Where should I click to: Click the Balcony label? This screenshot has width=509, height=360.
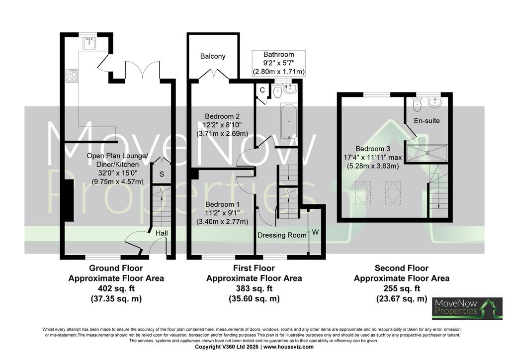(x=213, y=56)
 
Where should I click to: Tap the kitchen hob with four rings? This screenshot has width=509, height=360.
(x=72, y=76)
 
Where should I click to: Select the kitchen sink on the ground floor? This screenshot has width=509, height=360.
(x=88, y=43)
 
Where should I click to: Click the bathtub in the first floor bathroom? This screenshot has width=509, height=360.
(x=289, y=122)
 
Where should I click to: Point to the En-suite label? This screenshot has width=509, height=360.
(x=427, y=121)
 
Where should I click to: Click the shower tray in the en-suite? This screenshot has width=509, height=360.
(x=427, y=153)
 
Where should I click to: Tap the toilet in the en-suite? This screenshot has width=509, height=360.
(x=417, y=104)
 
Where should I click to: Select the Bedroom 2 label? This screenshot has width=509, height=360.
(x=222, y=116)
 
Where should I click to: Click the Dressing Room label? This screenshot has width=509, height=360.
(x=282, y=235)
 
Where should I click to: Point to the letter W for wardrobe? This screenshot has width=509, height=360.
(x=315, y=232)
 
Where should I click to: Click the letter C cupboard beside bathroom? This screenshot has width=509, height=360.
(x=262, y=90)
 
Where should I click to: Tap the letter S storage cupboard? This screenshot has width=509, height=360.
(x=162, y=175)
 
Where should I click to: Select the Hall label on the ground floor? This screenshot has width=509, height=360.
(x=162, y=233)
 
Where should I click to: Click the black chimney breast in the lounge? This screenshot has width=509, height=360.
(x=69, y=201)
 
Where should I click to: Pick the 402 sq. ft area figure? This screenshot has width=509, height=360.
(x=116, y=288)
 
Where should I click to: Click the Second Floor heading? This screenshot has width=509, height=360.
(x=402, y=268)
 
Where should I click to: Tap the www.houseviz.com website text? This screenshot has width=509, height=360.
(x=289, y=347)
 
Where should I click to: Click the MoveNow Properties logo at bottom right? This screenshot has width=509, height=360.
(x=467, y=308)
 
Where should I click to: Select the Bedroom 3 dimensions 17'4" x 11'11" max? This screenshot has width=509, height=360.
(x=373, y=158)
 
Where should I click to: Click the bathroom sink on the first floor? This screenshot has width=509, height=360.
(x=290, y=89)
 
